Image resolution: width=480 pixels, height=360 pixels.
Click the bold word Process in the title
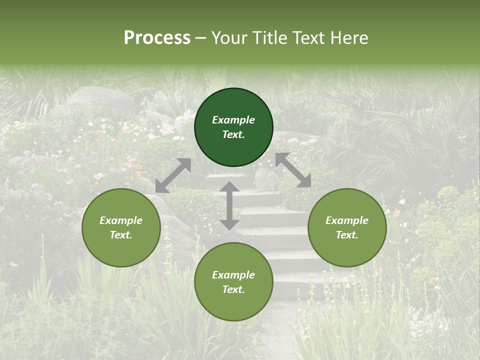[x=157, y=38]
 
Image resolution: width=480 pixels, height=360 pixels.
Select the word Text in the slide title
[x=310, y=38]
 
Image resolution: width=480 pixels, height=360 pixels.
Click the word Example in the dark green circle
[x=233, y=120]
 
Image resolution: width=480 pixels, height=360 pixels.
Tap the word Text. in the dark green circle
[x=233, y=134]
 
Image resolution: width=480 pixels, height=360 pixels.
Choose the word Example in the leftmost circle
[x=121, y=220]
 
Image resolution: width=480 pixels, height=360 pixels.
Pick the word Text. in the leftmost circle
[x=121, y=235]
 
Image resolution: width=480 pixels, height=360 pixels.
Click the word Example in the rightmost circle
[x=347, y=220]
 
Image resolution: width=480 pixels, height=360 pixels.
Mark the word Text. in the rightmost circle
[x=347, y=235]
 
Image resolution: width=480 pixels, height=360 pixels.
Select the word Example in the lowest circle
[x=233, y=275]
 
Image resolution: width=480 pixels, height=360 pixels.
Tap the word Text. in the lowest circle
[x=233, y=289]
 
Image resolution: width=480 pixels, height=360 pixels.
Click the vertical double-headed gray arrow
[x=229, y=205]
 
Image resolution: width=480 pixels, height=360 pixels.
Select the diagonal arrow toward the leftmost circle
[x=173, y=175]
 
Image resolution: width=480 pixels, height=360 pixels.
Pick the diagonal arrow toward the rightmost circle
[x=293, y=170]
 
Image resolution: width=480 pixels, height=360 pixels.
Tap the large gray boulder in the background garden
[x=100, y=97]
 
